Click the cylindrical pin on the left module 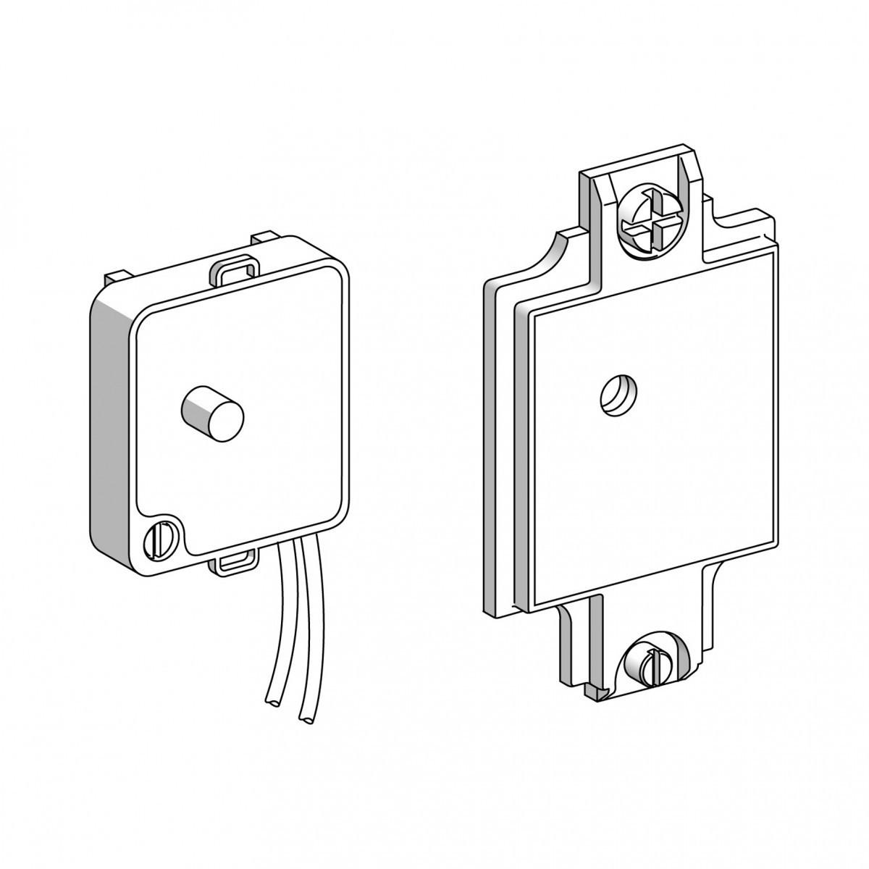(211, 411)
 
